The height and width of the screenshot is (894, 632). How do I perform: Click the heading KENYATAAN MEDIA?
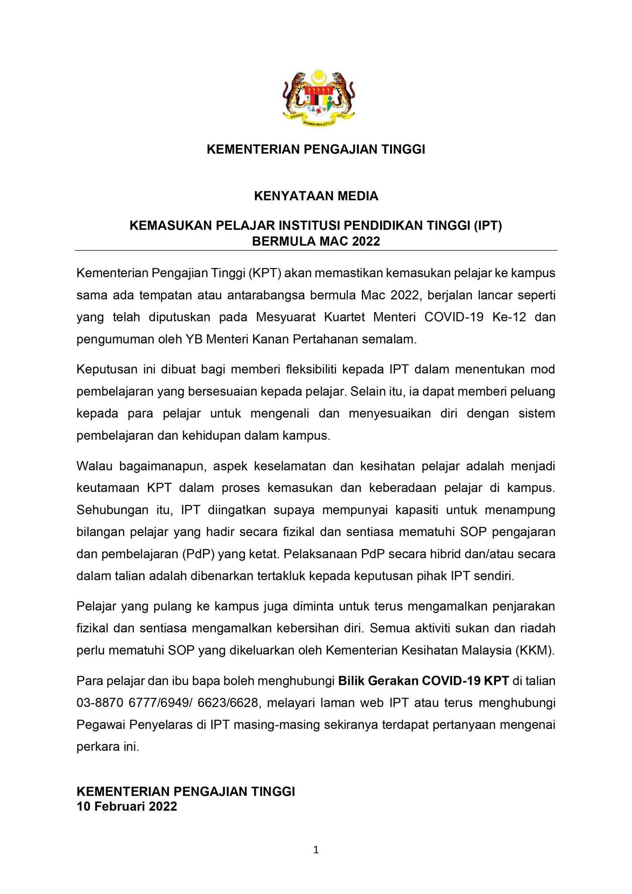316,196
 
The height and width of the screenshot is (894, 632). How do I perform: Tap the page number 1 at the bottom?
316,849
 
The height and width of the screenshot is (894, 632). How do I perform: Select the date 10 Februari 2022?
127,806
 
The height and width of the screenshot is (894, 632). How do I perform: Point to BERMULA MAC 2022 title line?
316,241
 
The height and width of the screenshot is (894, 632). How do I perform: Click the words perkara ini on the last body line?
108,747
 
